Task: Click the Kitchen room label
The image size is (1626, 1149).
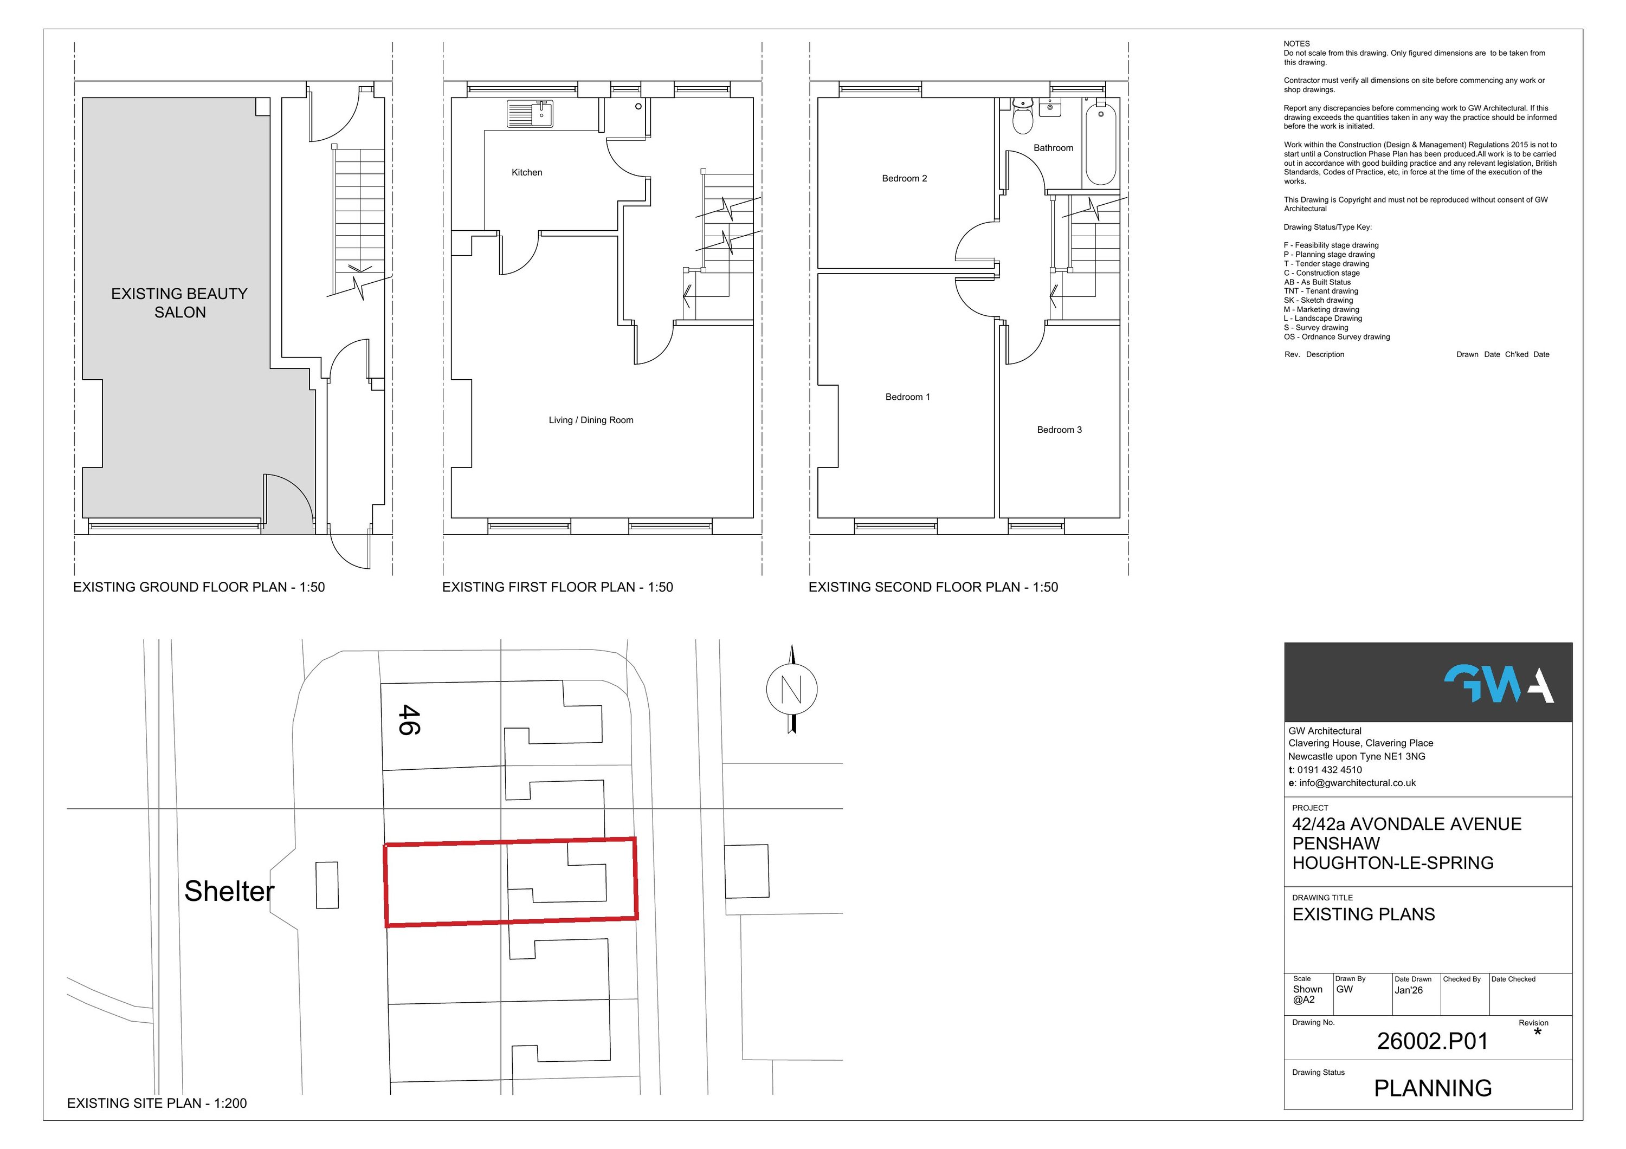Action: pos(527,172)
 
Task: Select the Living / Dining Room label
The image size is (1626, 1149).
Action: pos(591,420)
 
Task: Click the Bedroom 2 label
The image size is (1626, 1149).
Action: pos(905,178)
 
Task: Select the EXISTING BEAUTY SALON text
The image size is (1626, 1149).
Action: pos(179,303)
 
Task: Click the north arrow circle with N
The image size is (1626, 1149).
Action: pos(792,689)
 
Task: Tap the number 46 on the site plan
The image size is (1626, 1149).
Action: pos(409,719)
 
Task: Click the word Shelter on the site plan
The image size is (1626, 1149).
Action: pos(229,891)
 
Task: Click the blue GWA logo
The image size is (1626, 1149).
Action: pos(1499,684)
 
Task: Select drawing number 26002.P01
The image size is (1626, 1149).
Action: pos(1432,1041)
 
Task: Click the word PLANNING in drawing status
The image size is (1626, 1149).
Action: pos(1432,1088)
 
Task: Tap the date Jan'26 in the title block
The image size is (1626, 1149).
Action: pos(1408,990)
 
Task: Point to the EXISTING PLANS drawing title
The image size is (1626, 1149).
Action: pos(1363,914)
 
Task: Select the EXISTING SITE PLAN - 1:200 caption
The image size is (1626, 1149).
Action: pos(157,1103)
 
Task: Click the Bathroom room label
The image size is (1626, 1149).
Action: pos(1053,148)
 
